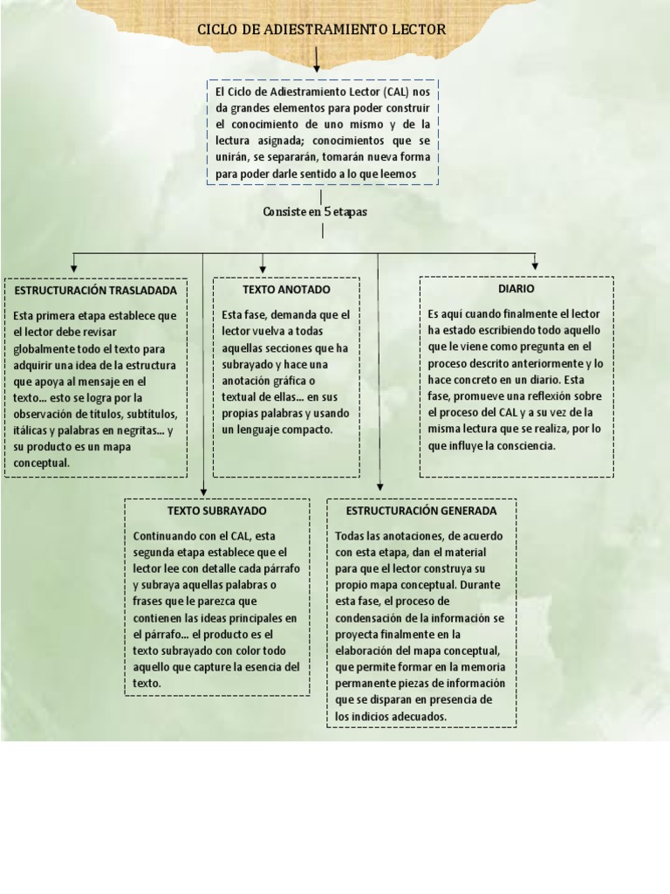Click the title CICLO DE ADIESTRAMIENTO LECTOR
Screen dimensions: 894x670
point(321,30)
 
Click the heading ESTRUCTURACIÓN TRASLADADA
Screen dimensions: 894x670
point(96,290)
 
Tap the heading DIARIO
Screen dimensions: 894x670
point(516,288)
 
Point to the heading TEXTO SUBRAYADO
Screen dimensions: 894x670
point(217,510)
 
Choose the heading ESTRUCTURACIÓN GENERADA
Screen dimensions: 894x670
point(421,510)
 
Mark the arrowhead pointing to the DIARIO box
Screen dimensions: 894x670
point(535,265)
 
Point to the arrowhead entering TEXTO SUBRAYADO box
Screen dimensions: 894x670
point(203,492)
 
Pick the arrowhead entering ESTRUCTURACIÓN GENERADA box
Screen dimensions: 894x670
point(379,488)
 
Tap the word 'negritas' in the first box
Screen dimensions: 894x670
point(140,430)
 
